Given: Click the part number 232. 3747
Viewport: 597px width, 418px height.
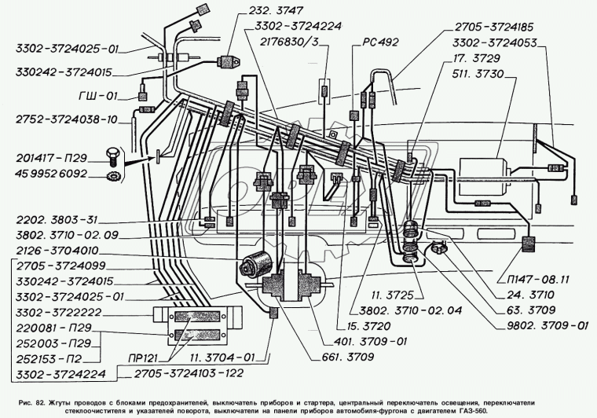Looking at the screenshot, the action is coord(276,10).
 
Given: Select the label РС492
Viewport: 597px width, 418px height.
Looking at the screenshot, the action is coord(380,42).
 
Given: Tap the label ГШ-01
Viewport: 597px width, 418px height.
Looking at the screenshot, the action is coord(98,96).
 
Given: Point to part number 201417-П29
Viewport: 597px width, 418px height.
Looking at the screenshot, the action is coord(51,158).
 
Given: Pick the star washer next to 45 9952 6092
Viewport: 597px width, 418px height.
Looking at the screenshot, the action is coord(112,175).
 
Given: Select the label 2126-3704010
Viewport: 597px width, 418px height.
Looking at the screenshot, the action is coord(57,251).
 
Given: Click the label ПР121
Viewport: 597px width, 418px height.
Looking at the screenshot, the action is coord(143,357).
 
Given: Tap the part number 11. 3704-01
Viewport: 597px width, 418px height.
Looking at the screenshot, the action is coord(223,357).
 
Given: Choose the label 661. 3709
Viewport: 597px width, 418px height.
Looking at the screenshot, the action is coord(348,357).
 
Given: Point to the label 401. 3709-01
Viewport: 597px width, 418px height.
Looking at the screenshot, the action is coord(371,341).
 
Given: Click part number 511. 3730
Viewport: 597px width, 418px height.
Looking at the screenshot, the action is coord(478,74).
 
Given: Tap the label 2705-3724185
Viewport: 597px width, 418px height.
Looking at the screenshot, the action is coord(494,27).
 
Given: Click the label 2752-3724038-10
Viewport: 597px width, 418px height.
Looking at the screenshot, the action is coord(67,119).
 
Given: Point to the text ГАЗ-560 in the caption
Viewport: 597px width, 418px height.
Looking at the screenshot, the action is coord(474,411).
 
